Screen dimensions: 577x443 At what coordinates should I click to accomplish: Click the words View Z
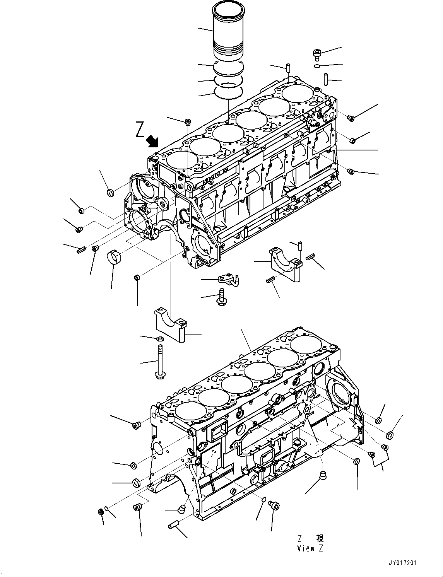click(x=310, y=548)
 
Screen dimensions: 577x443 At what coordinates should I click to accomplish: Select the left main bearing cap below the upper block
click(x=170, y=324)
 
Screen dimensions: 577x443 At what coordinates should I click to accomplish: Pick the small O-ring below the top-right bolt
click(x=316, y=67)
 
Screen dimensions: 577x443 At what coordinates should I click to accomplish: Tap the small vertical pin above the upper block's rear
click(x=289, y=67)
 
